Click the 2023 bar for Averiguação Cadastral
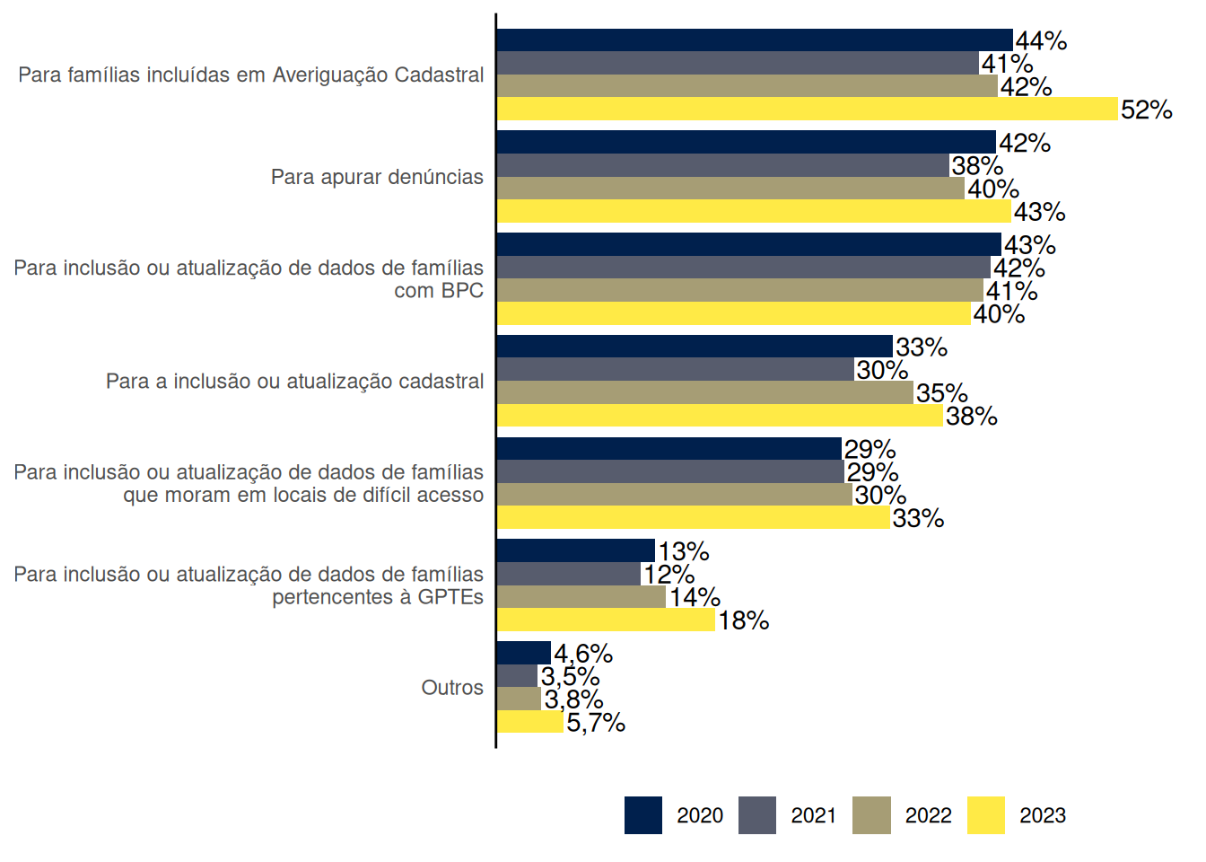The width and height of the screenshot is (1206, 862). [x=808, y=109]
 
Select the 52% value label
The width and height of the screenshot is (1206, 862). [x=1146, y=110]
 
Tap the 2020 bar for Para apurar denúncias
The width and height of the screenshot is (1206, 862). [x=746, y=142]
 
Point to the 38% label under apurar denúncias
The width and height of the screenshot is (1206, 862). [x=977, y=166]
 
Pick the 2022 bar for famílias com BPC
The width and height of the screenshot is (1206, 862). [x=739, y=290]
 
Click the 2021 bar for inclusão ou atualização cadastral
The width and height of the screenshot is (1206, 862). [x=675, y=369]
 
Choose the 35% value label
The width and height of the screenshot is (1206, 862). [x=941, y=393]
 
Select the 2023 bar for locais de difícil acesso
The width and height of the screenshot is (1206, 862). [x=693, y=517]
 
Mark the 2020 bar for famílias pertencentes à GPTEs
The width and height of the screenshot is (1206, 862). [x=575, y=550]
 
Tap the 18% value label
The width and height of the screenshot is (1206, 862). [x=743, y=620]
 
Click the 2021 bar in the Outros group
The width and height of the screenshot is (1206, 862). [x=517, y=675]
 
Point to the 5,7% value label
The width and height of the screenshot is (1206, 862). [x=595, y=722]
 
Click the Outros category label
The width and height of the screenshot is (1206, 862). [x=452, y=688]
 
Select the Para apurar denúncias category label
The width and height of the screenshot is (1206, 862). [x=377, y=177]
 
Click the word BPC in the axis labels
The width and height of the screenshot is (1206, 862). [x=463, y=291]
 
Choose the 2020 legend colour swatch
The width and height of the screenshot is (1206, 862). [x=643, y=815]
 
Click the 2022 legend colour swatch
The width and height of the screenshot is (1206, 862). [x=871, y=815]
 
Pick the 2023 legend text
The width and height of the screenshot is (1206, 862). [x=1043, y=815]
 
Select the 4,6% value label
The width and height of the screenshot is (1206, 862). [x=582, y=653]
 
